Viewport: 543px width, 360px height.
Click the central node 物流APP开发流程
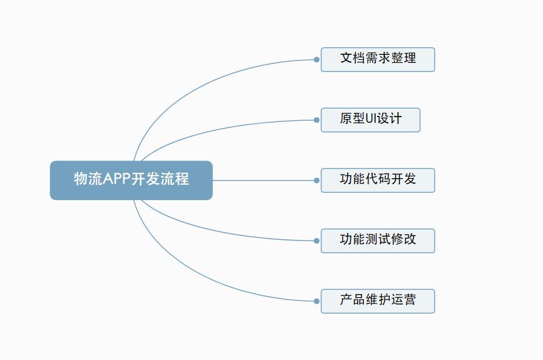(131, 180)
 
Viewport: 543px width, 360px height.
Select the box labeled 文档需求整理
(378, 60)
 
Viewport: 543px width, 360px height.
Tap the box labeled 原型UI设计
(370, 120)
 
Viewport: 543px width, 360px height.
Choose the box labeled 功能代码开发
(378, 180)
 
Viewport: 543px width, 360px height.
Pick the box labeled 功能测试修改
(378, 240)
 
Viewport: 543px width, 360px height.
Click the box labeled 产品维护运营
(378, 301)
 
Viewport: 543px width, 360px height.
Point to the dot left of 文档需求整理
(317, 60)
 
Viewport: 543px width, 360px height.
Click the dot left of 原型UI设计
(317, 120)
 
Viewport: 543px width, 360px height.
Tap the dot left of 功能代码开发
(317, 181)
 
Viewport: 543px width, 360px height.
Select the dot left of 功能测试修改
(317, 241)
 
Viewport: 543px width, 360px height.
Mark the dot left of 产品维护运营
(317, 301)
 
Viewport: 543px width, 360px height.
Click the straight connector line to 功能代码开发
(262, 181)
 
